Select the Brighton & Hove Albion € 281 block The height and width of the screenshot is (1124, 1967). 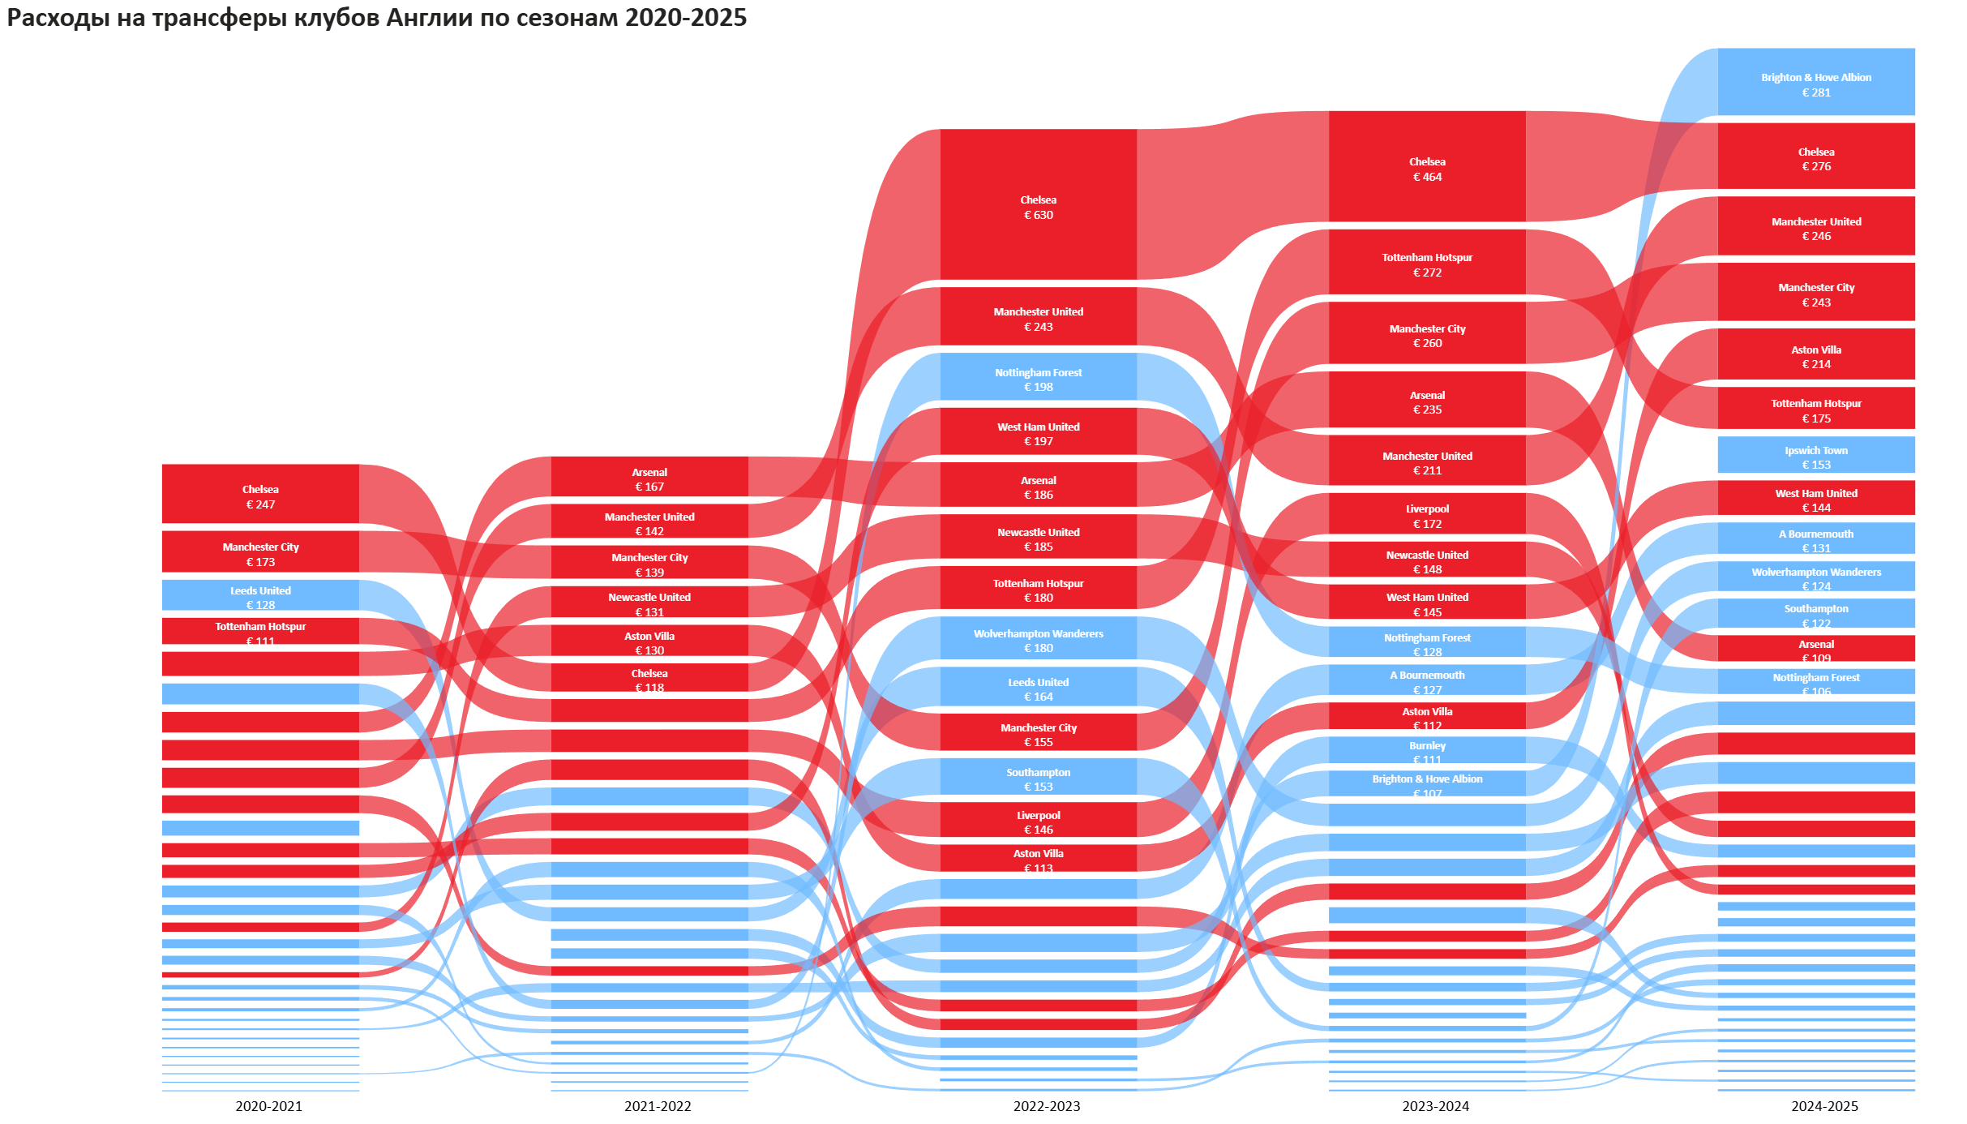[1815, 82]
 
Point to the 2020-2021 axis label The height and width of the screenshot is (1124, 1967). [268, 1106]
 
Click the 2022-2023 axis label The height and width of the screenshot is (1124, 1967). [1046, 1106]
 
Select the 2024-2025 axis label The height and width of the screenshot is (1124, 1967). [1823, 1106]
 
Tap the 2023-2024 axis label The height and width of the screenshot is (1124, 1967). [1435, 1106]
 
